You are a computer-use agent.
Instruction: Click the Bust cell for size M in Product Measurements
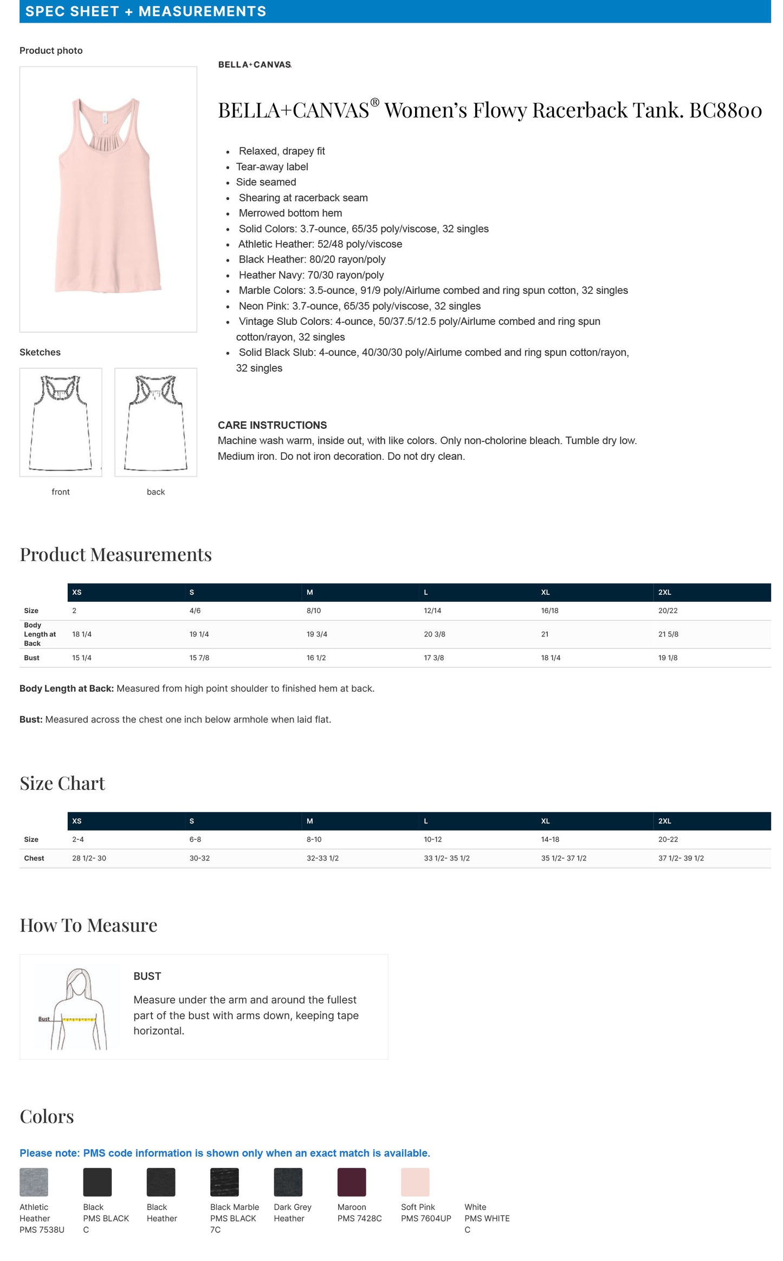click(316, 658)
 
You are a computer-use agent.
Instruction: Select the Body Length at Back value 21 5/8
click(668, 634)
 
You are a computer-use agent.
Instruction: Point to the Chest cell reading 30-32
click(199, 858)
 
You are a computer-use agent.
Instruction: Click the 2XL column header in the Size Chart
click(664, 821)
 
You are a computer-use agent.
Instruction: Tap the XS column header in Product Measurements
click(77, 592)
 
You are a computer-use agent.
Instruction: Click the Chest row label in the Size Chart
click(34, 858)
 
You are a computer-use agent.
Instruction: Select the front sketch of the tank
click(61, 422)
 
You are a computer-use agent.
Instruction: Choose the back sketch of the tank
click(156, 422)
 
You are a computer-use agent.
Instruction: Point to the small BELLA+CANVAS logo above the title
click(255, 65)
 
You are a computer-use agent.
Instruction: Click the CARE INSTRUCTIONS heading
click(272, 425)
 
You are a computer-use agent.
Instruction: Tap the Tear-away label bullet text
click(272, 166)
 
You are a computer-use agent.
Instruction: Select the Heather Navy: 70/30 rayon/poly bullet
click(311, 275)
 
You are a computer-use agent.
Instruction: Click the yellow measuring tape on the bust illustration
click(79, 1019)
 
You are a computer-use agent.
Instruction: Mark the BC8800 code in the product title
click(725, 110)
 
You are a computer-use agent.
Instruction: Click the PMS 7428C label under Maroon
click(359, 1218)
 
